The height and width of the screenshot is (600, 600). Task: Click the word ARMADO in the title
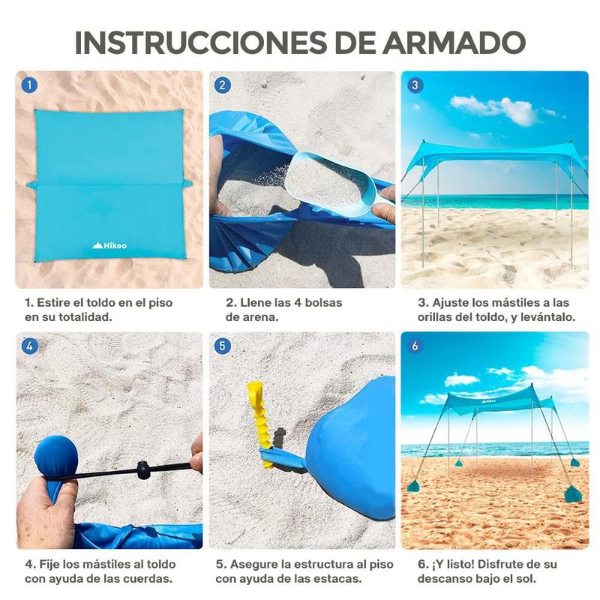pos(454,42)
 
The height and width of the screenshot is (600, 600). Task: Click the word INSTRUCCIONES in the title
pos(201,42)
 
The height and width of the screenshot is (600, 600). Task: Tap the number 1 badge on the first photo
pos(29,85)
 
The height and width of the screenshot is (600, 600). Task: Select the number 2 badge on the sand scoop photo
pos(223,85)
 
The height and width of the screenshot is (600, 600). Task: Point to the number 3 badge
pos(415,85)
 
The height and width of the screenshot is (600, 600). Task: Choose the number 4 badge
pos(29,346)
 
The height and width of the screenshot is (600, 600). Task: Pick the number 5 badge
pos(222,346)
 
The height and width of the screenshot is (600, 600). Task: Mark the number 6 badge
pos(415,346)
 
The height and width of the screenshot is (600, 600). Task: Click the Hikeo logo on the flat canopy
pos(109,245)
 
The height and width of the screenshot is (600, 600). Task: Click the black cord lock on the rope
pos(142,470)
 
